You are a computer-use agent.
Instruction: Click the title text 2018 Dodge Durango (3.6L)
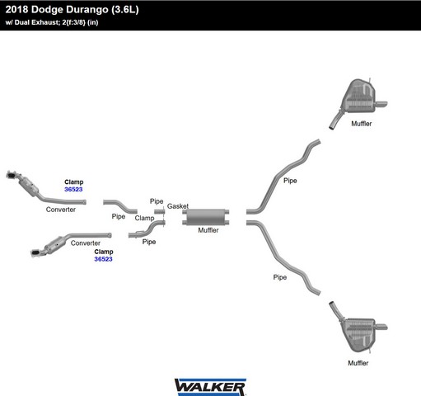point(72,10)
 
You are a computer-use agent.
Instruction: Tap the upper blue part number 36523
point(73,189)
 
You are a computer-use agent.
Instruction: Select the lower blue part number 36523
point(103,259)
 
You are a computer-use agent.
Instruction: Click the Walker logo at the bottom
point(210,387)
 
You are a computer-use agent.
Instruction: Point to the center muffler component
point(206,217)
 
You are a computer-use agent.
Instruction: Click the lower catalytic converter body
point(55,245)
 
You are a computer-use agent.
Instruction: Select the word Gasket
point(178,206)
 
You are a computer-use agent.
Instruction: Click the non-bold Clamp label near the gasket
point(144,218)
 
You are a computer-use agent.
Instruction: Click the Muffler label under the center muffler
point(208,230)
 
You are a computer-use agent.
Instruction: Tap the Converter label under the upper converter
point(61,210)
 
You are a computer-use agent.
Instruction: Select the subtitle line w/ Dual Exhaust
point(52,22)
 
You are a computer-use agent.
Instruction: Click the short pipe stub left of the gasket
point(160,211)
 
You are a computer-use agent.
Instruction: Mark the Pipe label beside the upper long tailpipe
point(290,181)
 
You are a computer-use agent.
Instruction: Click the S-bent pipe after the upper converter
point(120,205)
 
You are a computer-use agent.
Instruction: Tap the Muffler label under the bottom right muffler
point(358,363)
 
